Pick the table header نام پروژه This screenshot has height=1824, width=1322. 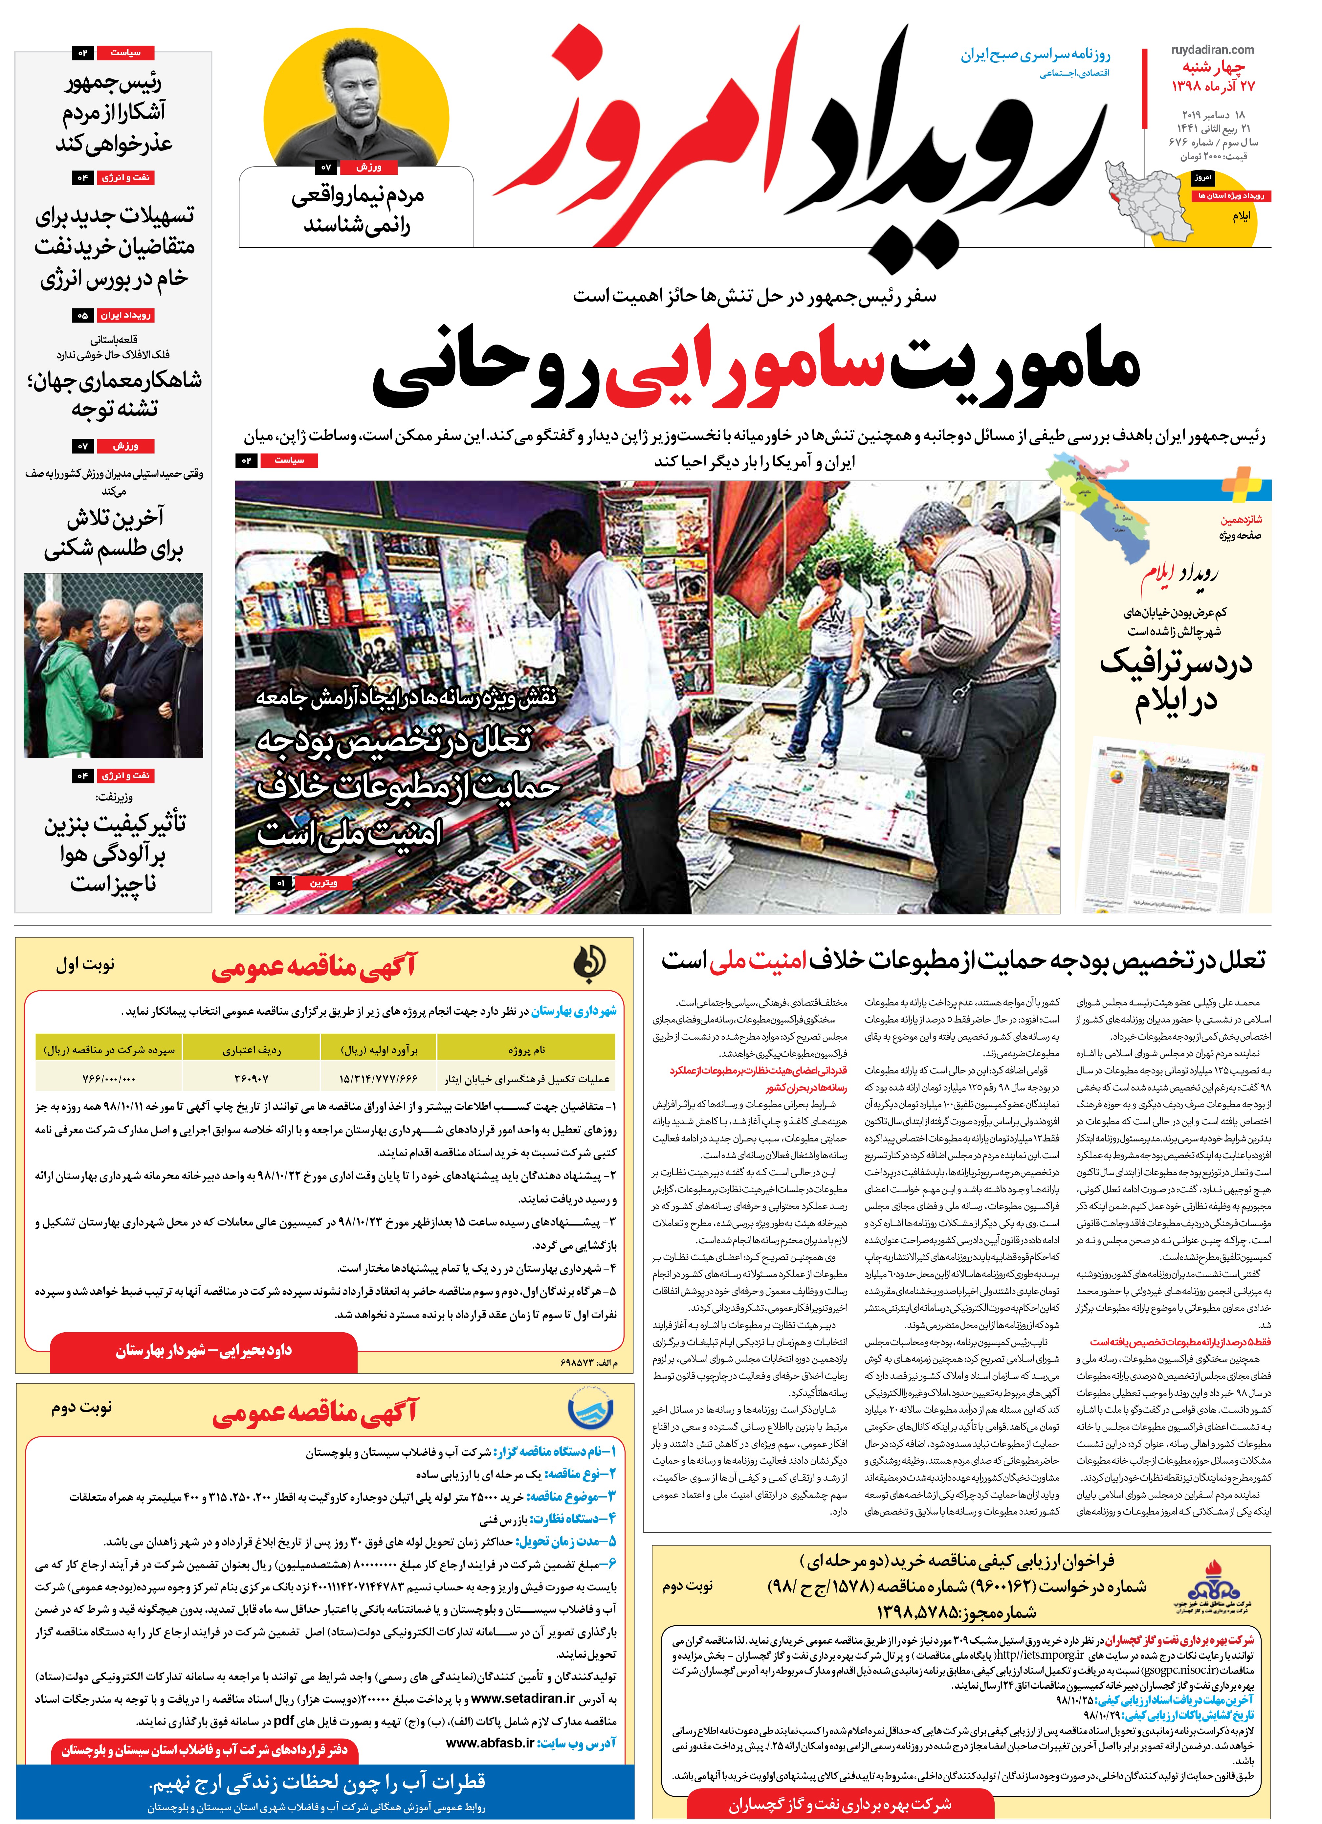click(x=526, y=1049)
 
